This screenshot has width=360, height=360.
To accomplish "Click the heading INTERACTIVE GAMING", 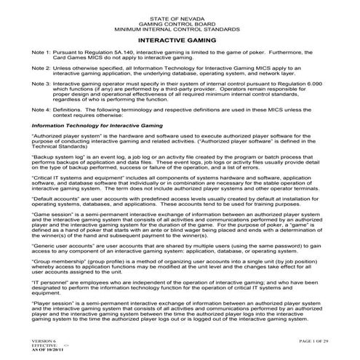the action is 180,42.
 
